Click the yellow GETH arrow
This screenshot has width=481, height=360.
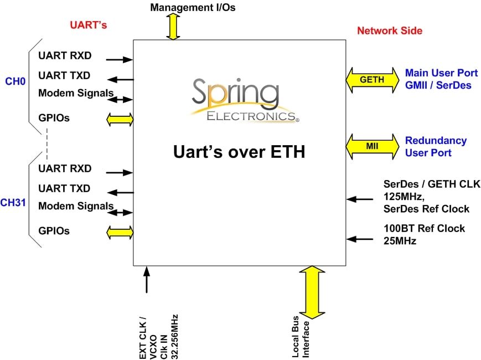click(372, 80)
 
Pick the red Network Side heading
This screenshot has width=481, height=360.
click(390, 30)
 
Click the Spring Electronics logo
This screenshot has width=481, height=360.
click(244, 100)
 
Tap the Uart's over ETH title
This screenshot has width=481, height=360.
click(240, 151)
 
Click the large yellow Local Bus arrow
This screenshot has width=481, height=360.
click(313, 292)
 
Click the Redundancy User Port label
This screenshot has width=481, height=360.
click(436, 147)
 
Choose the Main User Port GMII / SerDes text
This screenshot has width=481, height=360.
click(441, 79)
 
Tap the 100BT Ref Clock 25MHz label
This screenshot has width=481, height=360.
click(424, 234)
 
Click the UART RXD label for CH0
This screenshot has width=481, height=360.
click(65, 56)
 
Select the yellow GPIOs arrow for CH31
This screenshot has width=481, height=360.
click(120, 232)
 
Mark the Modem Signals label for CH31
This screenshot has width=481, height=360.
click(76, 207)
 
